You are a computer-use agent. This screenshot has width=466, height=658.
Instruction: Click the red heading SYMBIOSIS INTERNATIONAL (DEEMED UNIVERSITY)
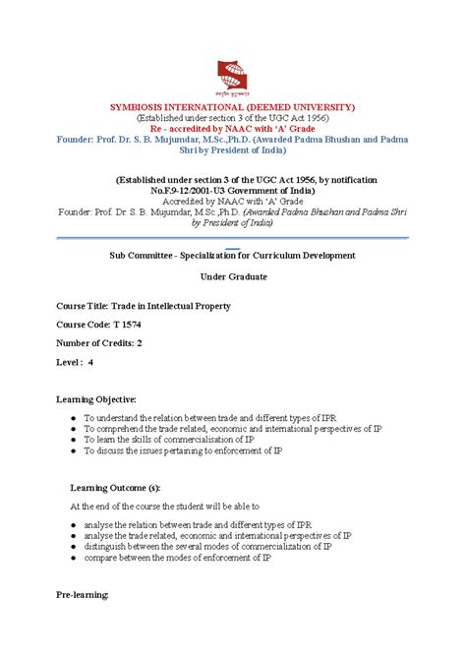(x=232, y=105)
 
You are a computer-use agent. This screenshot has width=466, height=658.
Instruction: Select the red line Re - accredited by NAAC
(x=232, y=129)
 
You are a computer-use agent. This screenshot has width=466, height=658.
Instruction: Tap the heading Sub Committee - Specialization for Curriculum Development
(x=232, y=255)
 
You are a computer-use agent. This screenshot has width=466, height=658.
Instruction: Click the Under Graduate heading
(x=233, y=276)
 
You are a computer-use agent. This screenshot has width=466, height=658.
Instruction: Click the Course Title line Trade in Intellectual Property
(x=144, y=306)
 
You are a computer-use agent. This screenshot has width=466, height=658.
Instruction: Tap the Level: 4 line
(x=75, y=363)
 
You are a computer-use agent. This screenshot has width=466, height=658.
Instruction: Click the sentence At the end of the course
(x=185, y=506)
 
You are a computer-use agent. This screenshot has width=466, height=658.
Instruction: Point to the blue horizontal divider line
(x=232, y=237)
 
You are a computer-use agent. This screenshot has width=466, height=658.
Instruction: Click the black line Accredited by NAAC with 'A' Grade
(x=232, y=198)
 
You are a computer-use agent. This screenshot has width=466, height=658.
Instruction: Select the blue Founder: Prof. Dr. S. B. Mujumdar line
(x=232, y=141)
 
